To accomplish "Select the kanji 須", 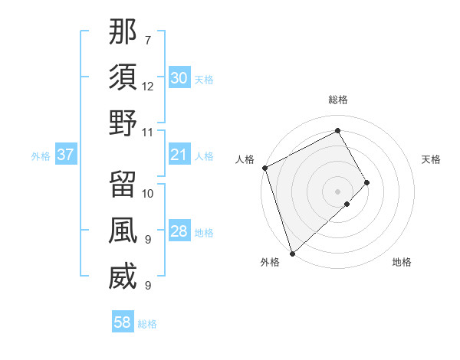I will (123, 77).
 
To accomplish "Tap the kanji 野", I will (123, 123).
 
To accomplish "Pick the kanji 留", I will (123, 184).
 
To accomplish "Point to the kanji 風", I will (123, 230).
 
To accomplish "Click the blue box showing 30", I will (179, 78).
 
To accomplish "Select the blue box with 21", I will (179, 155).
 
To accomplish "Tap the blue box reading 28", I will (179, 232).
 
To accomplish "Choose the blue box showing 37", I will (65, 155).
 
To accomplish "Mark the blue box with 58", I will (123, 322).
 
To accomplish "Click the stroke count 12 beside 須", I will (148, 87).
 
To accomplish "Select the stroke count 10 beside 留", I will (148, 193).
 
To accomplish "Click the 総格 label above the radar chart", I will (338, 100).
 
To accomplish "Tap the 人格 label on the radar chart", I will (245, 159).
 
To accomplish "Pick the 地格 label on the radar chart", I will (402, 263).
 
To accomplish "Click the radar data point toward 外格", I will (292, 253).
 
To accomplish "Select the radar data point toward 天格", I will (367, 182).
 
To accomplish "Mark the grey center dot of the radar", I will (338, 191).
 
